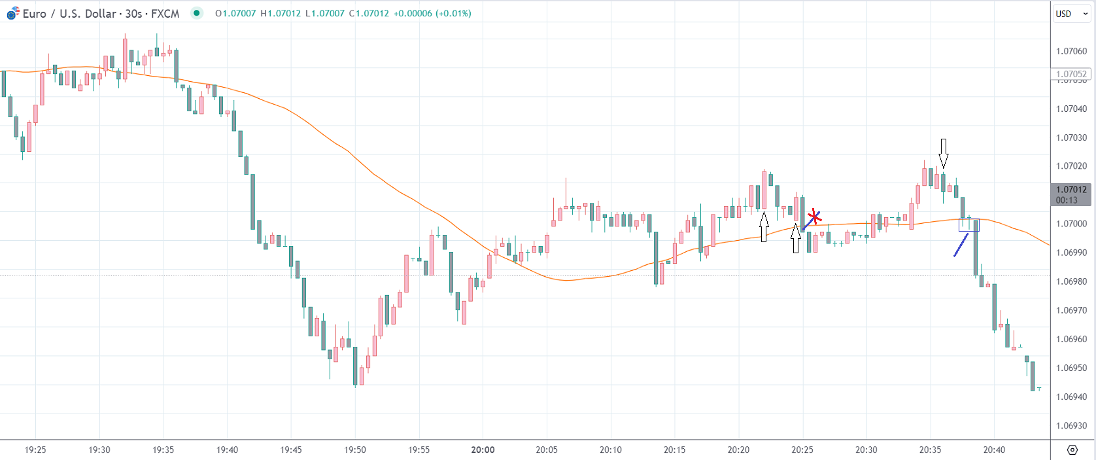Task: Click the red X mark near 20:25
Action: pyautogui.click(x=813, y=217)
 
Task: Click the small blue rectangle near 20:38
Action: pyautogui.click(x=968, y=225)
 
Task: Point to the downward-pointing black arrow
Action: pyautogui.click(x=943, y=153)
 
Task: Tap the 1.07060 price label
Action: pyautogui.click(x=1071, y=51)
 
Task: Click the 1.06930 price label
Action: pyautogui.click(x=1071, y=425)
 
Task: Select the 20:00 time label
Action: pyautogui.click(x=483, y=450)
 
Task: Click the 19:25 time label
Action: pyautogui.click(x=35, y=450)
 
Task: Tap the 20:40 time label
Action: pyautogui.click(x=994, y=450)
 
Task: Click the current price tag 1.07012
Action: pyautogui.click(x=1071, y=190)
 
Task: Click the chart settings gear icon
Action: pyautogui.click(x=1072, y=450)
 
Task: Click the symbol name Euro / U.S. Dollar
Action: pyautogui.click(x=69, y=14)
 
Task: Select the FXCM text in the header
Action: pyautogui.click(x=165, y=14)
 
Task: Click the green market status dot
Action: pyautogui.click(x=196, y=13)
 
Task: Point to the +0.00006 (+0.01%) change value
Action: pyautogui.click(x=432, y=13)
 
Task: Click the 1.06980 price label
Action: pyautogui.click(x=1071, y=281)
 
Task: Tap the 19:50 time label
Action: pyautogui.click(x=355, y=450)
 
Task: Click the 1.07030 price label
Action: pyautogui.click(x=1071, y=137)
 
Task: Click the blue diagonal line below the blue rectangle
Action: pyautogui.click(x=961, y=245)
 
